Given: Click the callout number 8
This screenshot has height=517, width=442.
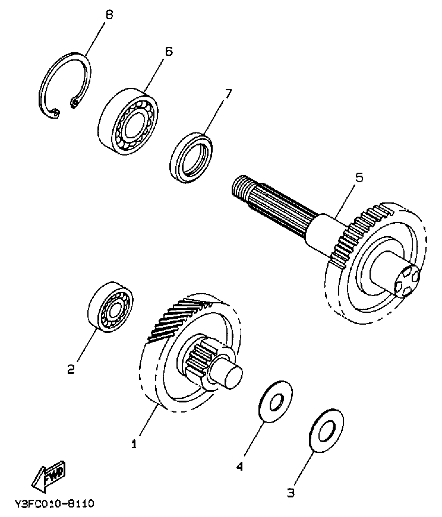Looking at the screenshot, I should pos(108,14).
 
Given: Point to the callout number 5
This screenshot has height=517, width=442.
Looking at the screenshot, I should pos(358,177).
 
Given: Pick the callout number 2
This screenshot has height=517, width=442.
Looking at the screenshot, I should pos(71,370).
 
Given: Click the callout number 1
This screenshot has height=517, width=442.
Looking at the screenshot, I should pos(134,443).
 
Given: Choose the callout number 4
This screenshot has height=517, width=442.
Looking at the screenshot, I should pos(240,467).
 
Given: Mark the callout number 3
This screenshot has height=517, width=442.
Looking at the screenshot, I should pos(291,492).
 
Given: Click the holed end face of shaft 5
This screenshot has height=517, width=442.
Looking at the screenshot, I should pos(407,282).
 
